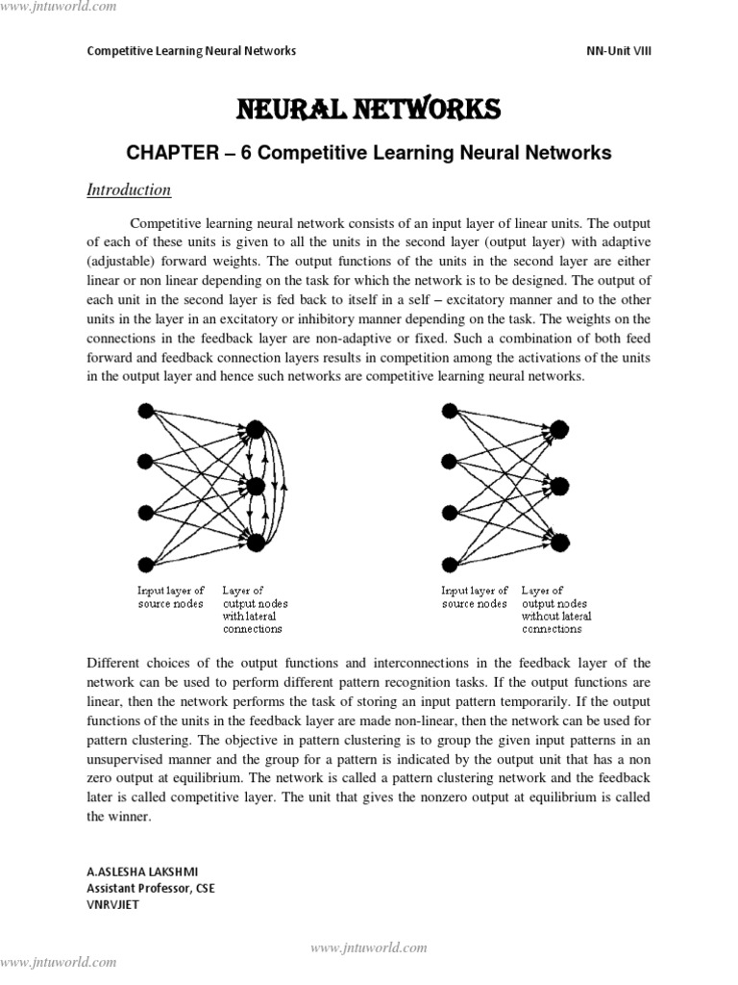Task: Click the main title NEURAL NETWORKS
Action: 369,111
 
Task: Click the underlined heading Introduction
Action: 129,189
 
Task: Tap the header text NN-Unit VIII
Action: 618,51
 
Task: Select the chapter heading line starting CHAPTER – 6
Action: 369,152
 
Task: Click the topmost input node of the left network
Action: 146,411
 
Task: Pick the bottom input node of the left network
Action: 146,565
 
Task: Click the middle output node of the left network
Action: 256,486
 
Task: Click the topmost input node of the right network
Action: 449,411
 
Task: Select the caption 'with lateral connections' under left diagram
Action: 253,622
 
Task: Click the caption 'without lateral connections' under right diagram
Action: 556,622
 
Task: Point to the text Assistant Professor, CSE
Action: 151,888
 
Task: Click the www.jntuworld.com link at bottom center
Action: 369,947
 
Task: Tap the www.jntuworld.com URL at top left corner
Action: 59,7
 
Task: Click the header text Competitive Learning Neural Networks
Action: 191,51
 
